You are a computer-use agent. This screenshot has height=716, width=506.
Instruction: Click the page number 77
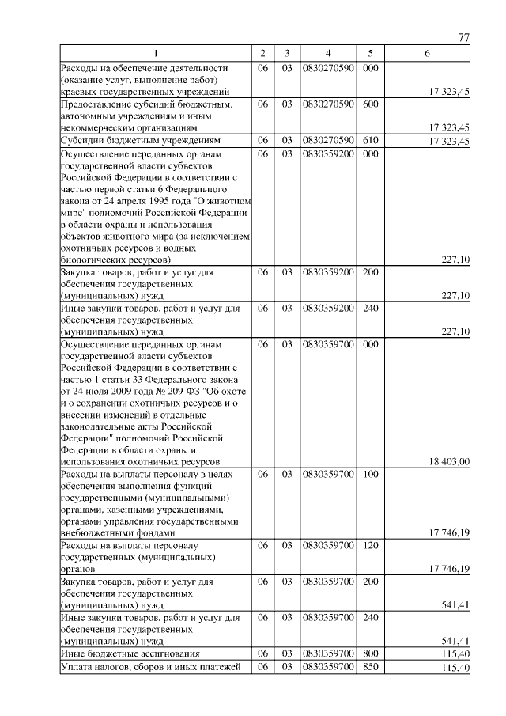pos(464,38)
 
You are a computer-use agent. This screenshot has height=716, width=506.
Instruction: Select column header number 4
pos(327,53)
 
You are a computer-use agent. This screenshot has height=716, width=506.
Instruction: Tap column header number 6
pos(427,53)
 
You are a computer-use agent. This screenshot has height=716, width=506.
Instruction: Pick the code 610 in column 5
pos(369,140)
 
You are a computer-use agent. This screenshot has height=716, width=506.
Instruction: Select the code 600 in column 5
pos(369,104)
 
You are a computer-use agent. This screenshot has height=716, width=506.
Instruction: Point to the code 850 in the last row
pos(369,668)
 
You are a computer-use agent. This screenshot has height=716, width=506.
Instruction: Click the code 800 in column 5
pos(369,653)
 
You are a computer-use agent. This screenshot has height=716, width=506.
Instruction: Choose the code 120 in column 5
pos(369,546)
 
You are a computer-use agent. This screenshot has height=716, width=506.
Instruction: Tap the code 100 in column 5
pos(369,474)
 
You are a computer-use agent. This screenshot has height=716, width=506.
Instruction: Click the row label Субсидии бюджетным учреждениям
pos(128,141)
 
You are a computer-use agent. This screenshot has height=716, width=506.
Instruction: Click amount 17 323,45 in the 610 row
pos(449,141)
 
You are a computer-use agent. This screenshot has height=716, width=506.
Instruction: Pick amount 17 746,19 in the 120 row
pos(449,569)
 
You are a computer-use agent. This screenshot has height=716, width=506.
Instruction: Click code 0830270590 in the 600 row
pos(327,104)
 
